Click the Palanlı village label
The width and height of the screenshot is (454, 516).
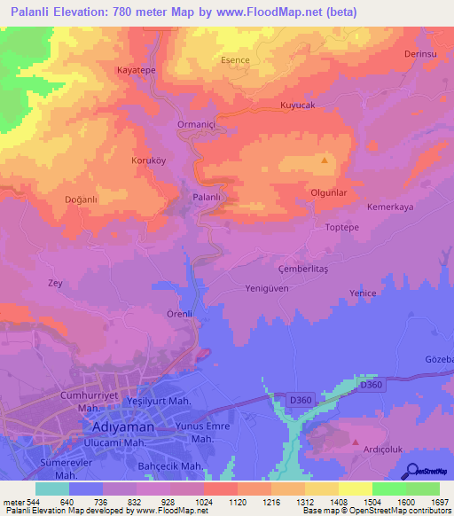click(x=206, y=197)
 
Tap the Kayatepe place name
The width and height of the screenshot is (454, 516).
click(x=137, y=69)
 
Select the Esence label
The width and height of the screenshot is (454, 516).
click(x=235, y=60)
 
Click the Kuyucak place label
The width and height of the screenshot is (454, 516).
click(x=298, y=105)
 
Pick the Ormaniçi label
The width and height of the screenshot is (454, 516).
click(x=198, y=124)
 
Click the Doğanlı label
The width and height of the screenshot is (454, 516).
click(x=81, y=199)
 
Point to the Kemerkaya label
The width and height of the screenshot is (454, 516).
click(x=390, y=207)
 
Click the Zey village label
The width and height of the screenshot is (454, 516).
click(x=54, y=283)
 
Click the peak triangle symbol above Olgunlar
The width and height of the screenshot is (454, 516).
click(x=325, y=160)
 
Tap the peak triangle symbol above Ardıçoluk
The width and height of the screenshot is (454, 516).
click(x=356, y=441)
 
